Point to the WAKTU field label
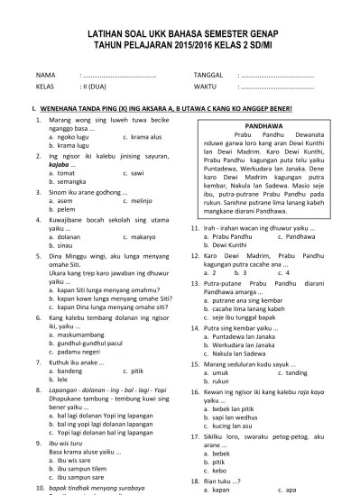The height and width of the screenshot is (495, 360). click(x=205, y=87)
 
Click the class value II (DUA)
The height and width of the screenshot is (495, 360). click(x=96, y=87)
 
